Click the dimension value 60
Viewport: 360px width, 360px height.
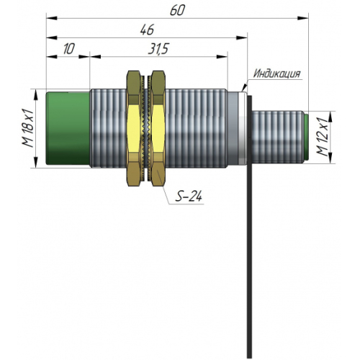[177, 11]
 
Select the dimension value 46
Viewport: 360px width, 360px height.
[147, 30]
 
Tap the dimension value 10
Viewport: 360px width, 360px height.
[69, 49]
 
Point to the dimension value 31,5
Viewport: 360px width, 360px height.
[158, 49]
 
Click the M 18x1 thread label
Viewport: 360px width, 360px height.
[27, 127]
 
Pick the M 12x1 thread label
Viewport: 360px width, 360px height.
[322, 137]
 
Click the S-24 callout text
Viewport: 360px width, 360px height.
[189, 196]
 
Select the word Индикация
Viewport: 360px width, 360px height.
[277, 73]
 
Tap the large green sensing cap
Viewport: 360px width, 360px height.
[68, 128]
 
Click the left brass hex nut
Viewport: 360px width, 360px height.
[134, 128]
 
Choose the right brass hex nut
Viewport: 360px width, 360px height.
[158, 128]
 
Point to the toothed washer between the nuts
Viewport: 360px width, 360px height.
[146, 128]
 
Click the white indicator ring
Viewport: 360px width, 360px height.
[243, 128]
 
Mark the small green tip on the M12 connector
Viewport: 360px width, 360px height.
[306, 138]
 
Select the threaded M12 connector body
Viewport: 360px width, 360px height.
[277, 137]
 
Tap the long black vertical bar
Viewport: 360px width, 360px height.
[250, 226]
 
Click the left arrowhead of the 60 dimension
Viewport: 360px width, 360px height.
[51, 18]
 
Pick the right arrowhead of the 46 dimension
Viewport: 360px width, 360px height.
[241, 37]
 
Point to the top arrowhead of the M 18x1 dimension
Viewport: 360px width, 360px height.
[36, 95]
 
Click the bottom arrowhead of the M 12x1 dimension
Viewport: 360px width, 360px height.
[330, 158]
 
